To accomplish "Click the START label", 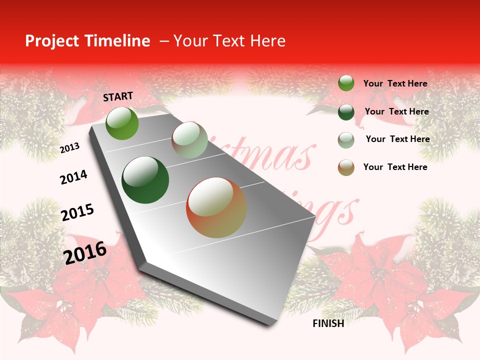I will [118, 96].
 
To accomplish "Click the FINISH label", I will [328, 323].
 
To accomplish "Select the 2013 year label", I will [70, 148].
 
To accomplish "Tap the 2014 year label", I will [73, 177].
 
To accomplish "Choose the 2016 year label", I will [85, 252].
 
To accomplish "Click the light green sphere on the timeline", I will [122, 123].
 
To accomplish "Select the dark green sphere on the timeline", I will [145, 180].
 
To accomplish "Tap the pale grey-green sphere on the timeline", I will [189, 140].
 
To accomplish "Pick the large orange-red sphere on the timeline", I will [216, 207].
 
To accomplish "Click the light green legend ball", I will [346, 83].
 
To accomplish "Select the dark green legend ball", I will [346, 112].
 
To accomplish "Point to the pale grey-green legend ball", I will [346, 140].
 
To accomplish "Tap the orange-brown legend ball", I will [346, 167].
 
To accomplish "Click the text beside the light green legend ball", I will [395, 83].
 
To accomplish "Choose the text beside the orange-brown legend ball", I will [395, 167].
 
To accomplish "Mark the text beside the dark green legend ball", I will [396, 111].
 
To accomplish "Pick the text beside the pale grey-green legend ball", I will [397, 139].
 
